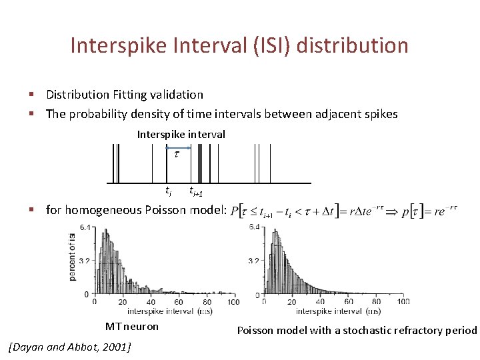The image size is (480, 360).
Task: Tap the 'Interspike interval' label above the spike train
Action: [181, 135]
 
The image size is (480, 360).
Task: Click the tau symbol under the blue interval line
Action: [177, 155]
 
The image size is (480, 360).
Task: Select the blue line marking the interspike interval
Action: [178, 148]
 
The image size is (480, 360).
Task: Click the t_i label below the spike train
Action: [169, 193]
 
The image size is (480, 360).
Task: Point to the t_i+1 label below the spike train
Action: [196, 193]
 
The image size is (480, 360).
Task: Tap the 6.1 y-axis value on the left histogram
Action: [85, 229]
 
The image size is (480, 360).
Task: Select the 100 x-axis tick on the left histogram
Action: [233, 302]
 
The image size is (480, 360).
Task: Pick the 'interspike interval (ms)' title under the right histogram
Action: [338, 311]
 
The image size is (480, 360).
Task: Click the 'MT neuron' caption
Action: [132, 327]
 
